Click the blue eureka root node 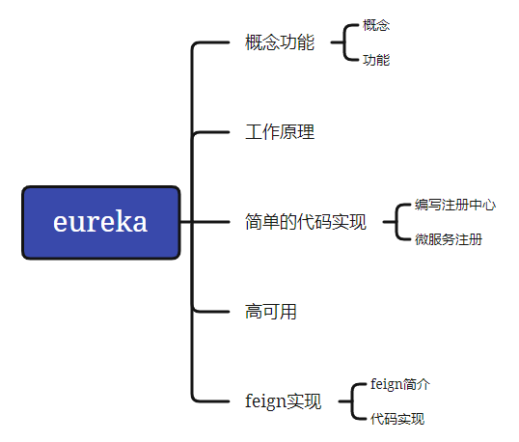100,222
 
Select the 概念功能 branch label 280,43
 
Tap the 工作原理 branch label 280,132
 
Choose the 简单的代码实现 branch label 306,222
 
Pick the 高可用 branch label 270,311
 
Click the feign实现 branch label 283,401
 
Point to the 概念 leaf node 376,25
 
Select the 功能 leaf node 376,60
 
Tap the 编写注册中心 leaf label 455,205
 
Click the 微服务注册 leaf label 449,239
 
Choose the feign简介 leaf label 399,384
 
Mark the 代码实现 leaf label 396,419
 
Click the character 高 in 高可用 253,311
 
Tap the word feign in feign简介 386,384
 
